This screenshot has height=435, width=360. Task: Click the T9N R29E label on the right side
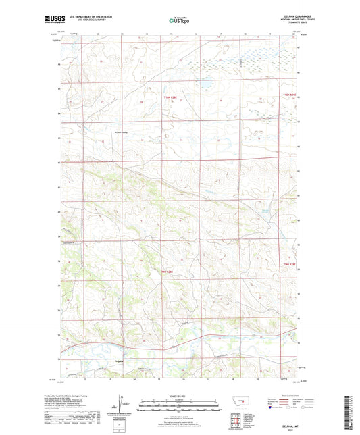tap(289, 272)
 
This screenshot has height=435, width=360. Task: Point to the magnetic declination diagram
tap(120, 407)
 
